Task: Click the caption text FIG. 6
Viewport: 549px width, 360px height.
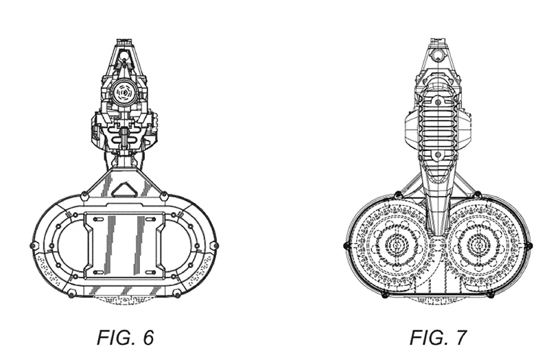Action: [x=125, y=337]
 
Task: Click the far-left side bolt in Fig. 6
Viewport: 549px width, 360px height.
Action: [x=32, y=245]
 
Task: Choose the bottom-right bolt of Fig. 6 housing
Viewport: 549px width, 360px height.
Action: [x=176, y=293]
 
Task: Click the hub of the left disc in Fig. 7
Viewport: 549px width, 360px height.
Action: [x=397, y=245]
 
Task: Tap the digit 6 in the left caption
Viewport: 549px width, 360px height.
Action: [x=148, y=337]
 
